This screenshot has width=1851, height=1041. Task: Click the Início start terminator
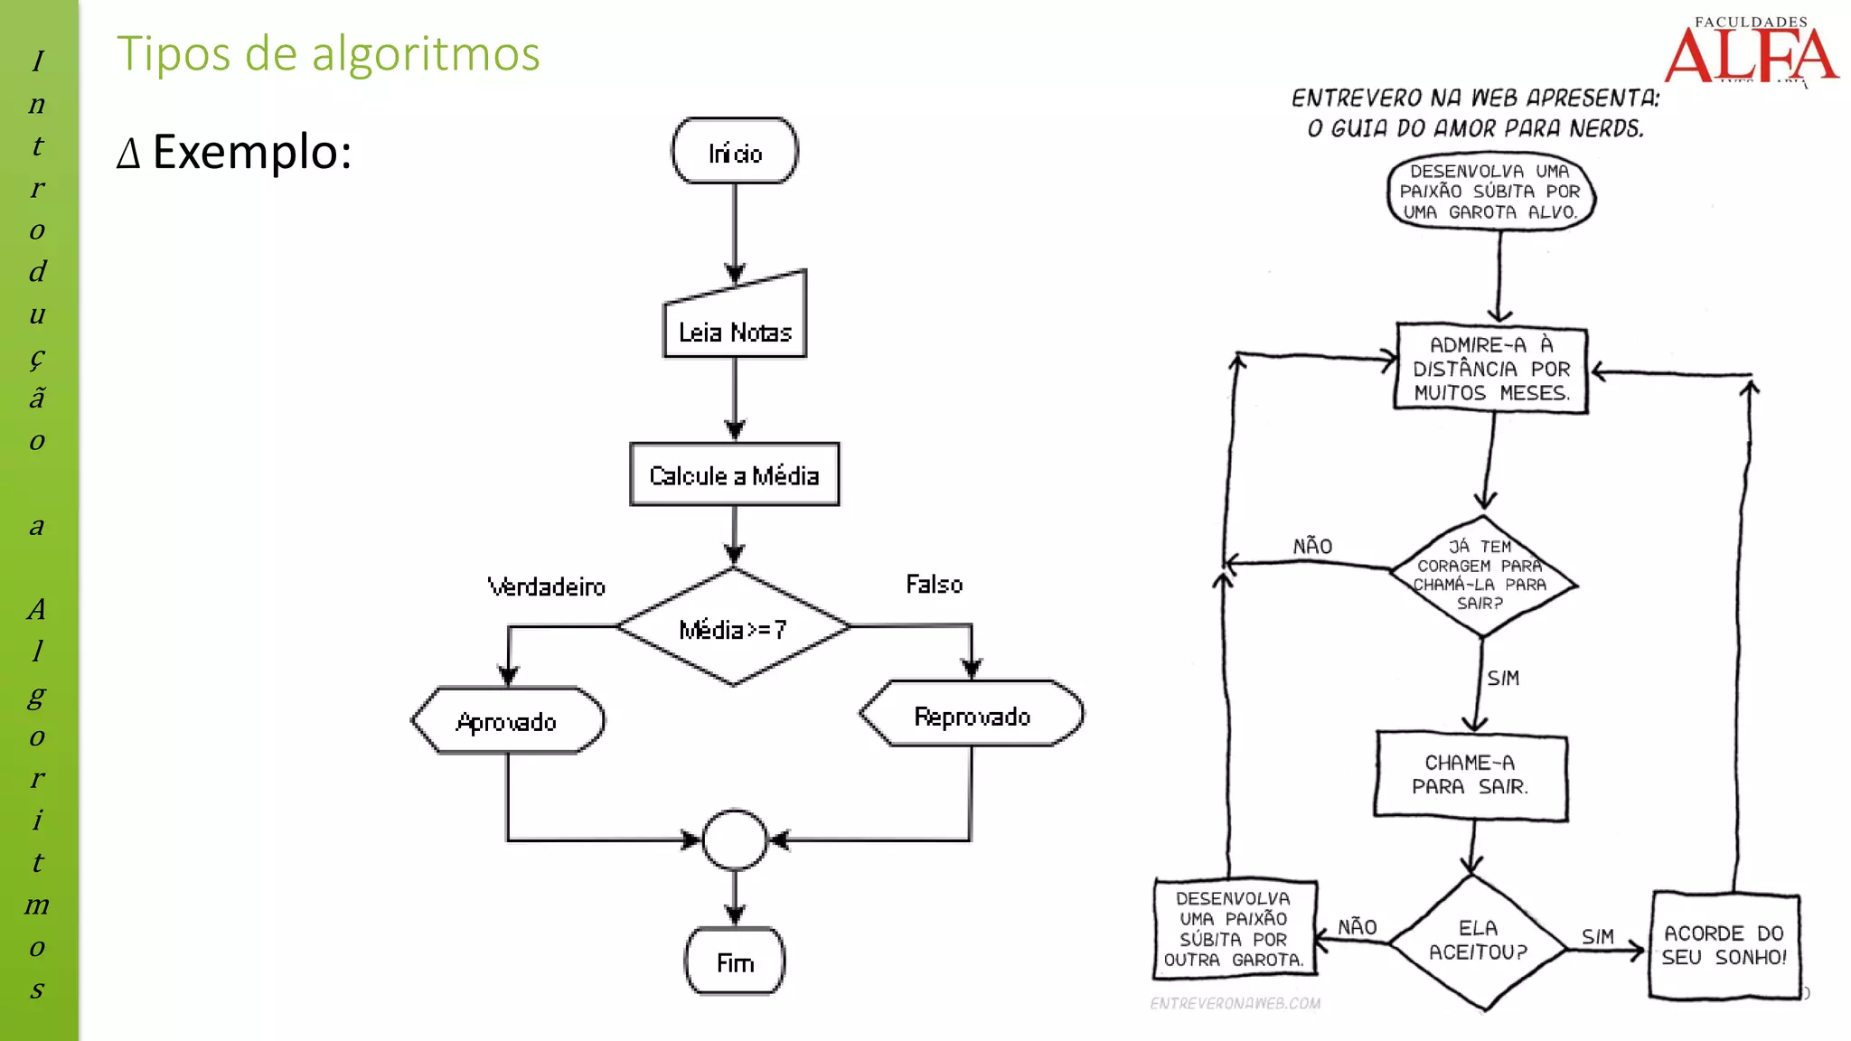coord(735,151)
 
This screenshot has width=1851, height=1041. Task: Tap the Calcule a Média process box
coord(735,474)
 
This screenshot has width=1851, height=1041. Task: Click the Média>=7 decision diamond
coord(734,627)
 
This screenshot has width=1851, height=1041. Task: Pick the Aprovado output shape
coord(508,721)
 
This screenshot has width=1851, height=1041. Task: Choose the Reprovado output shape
coord(972,715)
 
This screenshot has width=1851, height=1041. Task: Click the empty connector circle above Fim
coord(735,839)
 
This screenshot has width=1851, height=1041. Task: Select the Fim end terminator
coord(735,962)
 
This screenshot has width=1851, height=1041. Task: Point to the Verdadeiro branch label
coord(546,586)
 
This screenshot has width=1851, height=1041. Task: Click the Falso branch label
coord(935,584)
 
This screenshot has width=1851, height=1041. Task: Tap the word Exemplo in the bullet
coord(251,151)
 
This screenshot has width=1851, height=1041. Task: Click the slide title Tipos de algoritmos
coord(328,53)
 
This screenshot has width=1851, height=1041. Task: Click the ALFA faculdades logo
coord(1751,52)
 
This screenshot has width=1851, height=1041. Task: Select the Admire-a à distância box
coord(1491,369)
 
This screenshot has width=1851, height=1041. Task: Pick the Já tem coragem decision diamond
coord(1482,576)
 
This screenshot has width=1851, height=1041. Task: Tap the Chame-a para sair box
coord(1470,775)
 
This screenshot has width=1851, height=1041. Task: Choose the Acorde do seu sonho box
coord(1724,945)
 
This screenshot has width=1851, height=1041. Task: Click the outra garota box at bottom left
coord(1235,929)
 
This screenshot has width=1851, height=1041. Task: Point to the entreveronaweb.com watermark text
coord(1235,1003)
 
